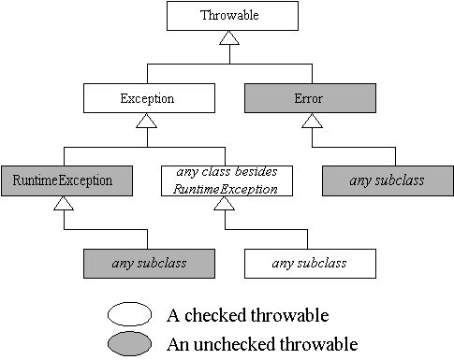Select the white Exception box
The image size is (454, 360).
[x=147, y=96]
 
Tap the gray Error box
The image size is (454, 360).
[x=309, y=96]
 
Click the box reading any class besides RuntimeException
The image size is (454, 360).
[x=227, y=179]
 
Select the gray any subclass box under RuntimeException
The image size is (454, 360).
[x=147, y=263]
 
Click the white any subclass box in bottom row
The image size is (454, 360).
[x=309, y=263]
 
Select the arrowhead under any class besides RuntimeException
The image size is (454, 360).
[x=227, y=204]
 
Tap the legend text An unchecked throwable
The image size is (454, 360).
[x=262, y=343]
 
